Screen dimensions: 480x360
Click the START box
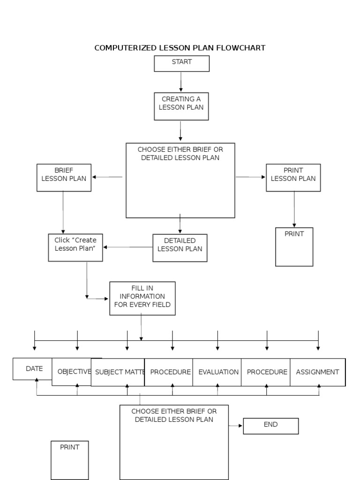tap(181, 63)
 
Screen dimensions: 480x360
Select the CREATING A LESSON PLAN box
tap(181, 106)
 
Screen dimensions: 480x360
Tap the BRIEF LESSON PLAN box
tap(64, 177)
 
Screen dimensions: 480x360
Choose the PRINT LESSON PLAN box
tap(293, 177)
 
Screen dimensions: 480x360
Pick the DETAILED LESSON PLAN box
tap(180, 247)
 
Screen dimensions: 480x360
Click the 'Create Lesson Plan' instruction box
tap(75, 247)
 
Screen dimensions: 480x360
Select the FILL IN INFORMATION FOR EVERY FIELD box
tap(142, 298)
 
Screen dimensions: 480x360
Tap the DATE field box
tap(33, 369)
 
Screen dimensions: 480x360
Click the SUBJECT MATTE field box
tap(118, 372)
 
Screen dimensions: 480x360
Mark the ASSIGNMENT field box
tap(317, 372)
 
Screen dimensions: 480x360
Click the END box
tap(270, 426)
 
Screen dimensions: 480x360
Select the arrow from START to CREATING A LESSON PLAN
tap(181, 82)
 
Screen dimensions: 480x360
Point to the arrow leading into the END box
tap(236, 426)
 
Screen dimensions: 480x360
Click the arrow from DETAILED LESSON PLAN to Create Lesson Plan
tap(128, 247)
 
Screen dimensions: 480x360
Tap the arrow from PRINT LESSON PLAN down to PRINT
tap(294, 209)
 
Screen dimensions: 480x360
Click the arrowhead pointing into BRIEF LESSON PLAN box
tap(95, 177)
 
